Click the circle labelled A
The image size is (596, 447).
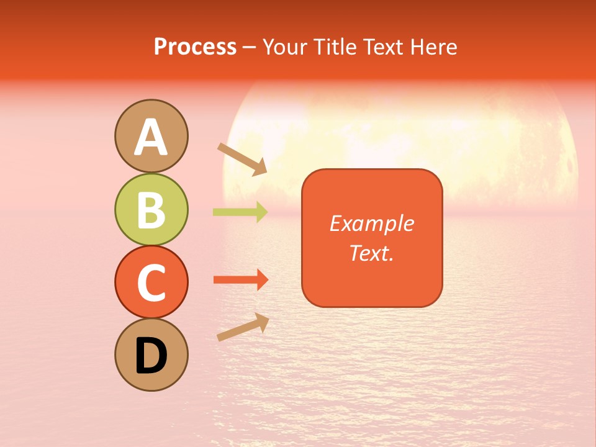click(x=151, y=136)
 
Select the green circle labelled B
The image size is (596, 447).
click(x=151, y=209)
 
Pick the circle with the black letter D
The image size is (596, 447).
click(x=151, y=355)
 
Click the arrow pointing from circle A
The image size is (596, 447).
click(x=242, y=159)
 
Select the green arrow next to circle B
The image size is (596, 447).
click(x=240, y=212)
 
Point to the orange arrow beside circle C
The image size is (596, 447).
click(x=240, y=280)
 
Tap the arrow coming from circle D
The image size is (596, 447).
click(x=243, y=327)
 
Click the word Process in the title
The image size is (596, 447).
click(x=195, y=47)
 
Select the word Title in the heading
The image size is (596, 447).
click(x=335, y=47)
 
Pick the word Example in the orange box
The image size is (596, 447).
click(x=371, y=223)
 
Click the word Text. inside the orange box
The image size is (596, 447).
click(x=371, y=253)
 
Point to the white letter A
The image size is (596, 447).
click(x=151, y=137)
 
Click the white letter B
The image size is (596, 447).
click(x=151, y=210)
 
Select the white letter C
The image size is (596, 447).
click(x=151, y=282)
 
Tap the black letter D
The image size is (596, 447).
click(x=151, y=356)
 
